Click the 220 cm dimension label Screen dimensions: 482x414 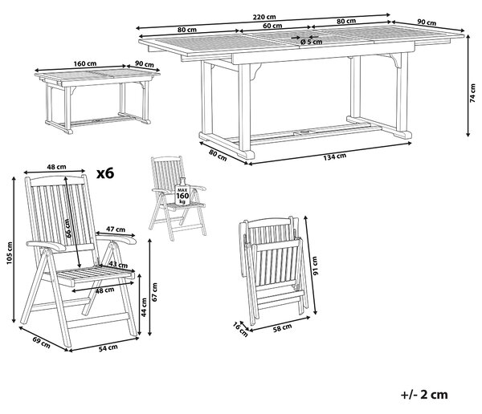click(x=264, y=17)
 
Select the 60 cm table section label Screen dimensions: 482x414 click(x=272, y=26)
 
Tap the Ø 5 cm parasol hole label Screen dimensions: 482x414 click(x=311, y=42)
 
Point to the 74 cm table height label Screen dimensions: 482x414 click(x=473, y=92)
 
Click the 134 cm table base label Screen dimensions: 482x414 click(x=335, y=156)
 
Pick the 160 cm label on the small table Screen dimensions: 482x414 click(x=85, y=64)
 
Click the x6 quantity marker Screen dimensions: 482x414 click(x=105, y=173)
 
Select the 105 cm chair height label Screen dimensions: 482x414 click(x=10, y=253)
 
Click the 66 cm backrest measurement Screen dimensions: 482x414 click(x=68, y=228)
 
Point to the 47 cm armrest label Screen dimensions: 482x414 click(x=116, y=229)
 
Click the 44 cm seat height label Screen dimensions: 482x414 click(x=144, y=307)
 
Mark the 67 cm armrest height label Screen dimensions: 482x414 click(x=154, y=292)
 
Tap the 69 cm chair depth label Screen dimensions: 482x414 click(x=42, y=342)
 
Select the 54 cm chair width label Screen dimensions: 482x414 click(x=108, y=347)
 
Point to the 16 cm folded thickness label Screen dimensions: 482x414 click(x=240, y=329)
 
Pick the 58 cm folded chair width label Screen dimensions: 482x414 click(x=283, y=327)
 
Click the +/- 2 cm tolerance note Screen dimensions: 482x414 click(x=424, y=395)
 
